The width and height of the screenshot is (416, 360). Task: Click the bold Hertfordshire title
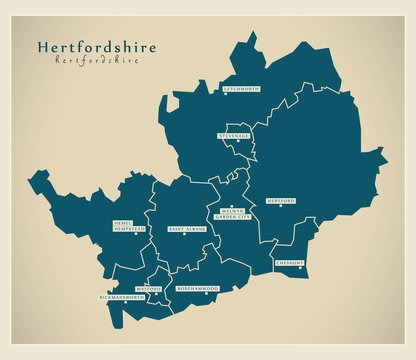87,47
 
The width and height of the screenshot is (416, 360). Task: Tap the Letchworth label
241,89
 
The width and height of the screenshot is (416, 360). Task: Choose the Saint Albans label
186,229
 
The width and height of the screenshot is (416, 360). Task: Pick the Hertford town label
281,201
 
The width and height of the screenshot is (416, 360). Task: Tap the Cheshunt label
291,263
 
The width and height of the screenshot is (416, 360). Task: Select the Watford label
147,288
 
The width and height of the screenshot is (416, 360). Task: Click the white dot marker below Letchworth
226,95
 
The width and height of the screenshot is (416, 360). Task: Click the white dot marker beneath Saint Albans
185,235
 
